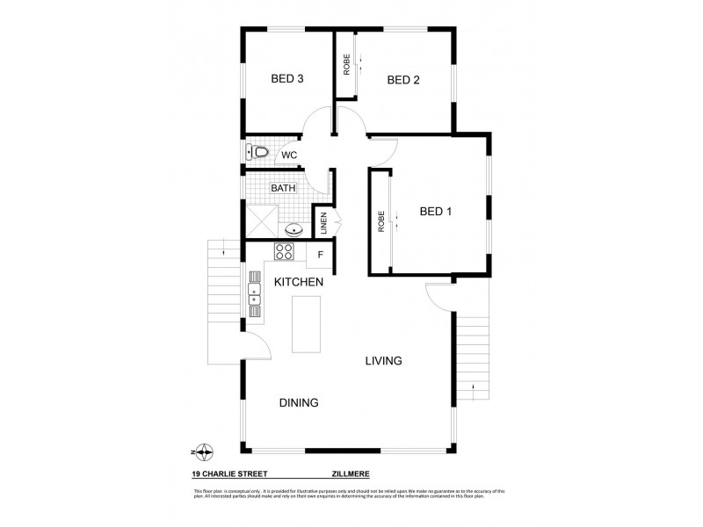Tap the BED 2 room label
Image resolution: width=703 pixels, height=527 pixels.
(403, 80)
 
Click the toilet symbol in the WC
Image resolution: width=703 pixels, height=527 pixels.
(257, 153)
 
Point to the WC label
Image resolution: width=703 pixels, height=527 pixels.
(289, 155)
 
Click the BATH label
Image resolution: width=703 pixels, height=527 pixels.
(283, 188)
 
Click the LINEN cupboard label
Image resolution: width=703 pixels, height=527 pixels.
(323, 222)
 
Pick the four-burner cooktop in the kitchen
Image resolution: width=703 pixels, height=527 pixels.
(285, 253)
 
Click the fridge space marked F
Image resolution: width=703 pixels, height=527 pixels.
(321, 256)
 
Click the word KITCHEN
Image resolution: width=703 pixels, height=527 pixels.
(299, 282)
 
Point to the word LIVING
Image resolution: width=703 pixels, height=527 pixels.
(384, 361)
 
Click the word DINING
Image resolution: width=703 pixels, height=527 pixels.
(299, 402)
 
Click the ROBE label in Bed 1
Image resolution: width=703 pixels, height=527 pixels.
(381, 221)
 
